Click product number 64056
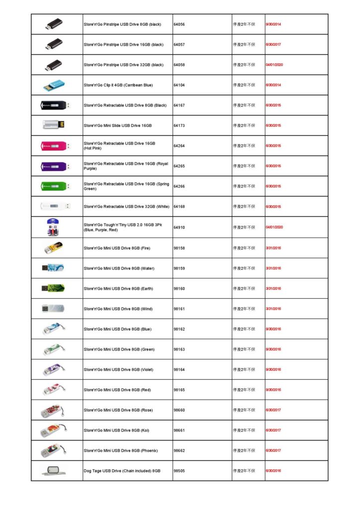pyautogui.click(x=180, y=24)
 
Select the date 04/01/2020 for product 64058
pyautogui.click(x=274, y=65)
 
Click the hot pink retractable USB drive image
pyautogui.click(x=54, y=146)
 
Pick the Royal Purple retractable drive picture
pyautogui.click(x=54, y=166)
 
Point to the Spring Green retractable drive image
pyautogui.click(x=54, y=186)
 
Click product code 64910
pyautogui.click(x=180, y=227)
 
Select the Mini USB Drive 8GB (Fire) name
pyautogui.click(x=117, y=248)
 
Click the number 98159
pyautogui.click(x=180, y=268)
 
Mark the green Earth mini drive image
pyautogui.click(x=53, y=288)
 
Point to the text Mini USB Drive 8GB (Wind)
pyautogui.click(x=118, y=309)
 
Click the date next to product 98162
pyautogui.click(x=273, y=329)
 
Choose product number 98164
pyautogui.click(x=180, y=369)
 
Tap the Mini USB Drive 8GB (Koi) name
pyautogui.click(x=116, y=430)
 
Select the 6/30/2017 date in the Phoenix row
pyautogui.click(x=273, y=450)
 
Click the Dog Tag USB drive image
pyautogui.click(x=53, y=470)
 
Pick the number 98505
pyautogui.click(x=180, y=470)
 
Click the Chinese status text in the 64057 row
pyautogui.click(x=244, y=45)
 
